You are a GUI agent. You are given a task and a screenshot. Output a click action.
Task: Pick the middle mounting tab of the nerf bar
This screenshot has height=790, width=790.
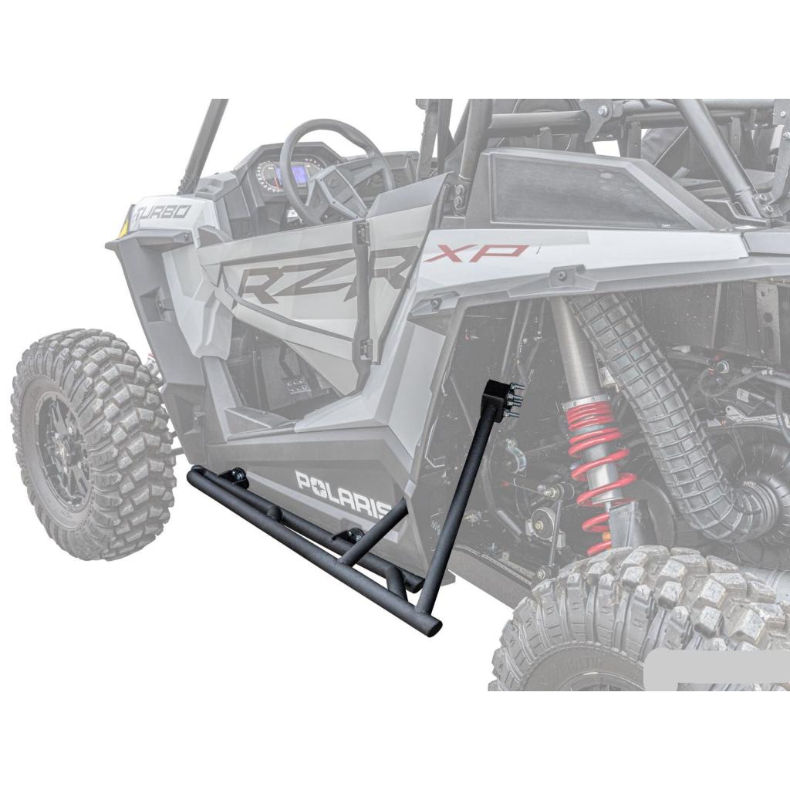click(x=352, y=535)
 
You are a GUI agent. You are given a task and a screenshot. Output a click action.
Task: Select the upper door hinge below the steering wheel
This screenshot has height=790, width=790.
click(x=360, y=231)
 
